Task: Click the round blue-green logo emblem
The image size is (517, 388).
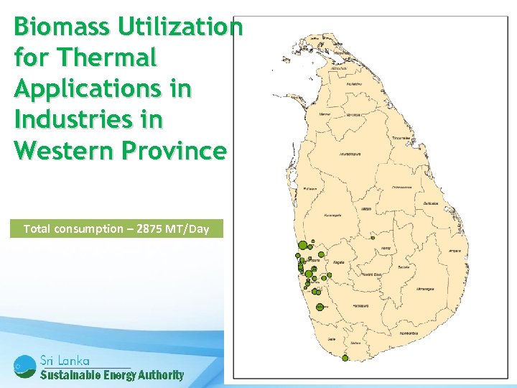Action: point(24,366)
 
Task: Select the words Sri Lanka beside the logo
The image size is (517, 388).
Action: point(65,360)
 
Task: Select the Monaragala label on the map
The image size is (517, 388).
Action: point(426,289)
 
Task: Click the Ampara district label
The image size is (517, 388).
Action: point(454,251)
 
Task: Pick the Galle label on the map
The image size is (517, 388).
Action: point(332,338)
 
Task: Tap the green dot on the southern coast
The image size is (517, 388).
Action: point(345,358)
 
